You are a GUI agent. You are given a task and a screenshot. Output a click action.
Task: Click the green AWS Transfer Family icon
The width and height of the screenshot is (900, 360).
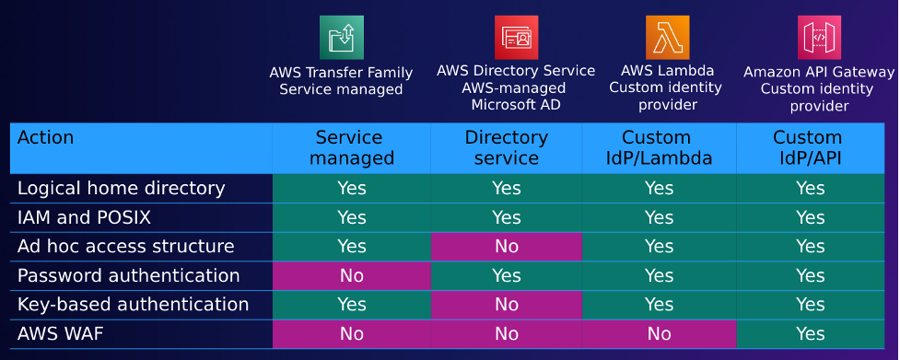click(341, 38)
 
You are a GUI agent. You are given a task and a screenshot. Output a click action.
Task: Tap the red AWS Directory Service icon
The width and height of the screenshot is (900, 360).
click(516, 38)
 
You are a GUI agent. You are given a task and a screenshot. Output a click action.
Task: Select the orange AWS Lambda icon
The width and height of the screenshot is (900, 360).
click(667, 38)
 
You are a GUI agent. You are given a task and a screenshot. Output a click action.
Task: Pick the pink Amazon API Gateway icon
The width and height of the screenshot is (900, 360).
click(819, 38)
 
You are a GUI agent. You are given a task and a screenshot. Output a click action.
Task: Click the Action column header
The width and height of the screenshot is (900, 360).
click(46, 138)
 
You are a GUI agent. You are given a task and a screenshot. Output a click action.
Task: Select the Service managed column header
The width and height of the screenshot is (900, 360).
click(351, 147)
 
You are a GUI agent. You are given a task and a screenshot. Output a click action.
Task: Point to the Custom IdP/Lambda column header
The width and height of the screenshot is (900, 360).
click(659, 147)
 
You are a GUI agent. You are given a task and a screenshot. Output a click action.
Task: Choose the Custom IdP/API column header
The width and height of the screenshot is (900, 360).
click(810, 147)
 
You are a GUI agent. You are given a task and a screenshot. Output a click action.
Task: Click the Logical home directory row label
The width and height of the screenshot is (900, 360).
click(122, 189)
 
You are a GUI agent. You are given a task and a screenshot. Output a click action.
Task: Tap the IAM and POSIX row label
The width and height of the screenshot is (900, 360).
click(84, 218)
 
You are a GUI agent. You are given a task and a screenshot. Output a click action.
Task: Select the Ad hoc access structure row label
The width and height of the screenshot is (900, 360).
click(126, 247)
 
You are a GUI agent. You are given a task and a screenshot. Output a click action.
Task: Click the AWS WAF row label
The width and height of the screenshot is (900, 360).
click(61, 333)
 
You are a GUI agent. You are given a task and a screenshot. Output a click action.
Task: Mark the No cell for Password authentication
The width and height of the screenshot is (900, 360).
click(351, 276)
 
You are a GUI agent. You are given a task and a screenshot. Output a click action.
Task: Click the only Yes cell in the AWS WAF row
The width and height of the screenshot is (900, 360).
click(810, 334)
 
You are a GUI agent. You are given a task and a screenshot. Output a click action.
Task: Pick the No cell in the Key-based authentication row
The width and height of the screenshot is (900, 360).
click(506, 305)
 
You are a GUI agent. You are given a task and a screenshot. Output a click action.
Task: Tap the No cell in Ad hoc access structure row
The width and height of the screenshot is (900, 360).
click(506, 247)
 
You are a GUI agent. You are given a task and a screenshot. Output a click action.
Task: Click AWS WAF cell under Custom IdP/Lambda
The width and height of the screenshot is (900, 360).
click(659, 334)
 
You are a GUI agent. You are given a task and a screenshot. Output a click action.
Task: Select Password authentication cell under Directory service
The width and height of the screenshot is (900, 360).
click(506, 276)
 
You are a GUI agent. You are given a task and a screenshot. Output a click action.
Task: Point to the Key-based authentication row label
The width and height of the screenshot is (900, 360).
click(134, 305)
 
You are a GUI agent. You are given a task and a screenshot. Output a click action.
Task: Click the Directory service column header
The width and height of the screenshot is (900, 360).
click(506, 147)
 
